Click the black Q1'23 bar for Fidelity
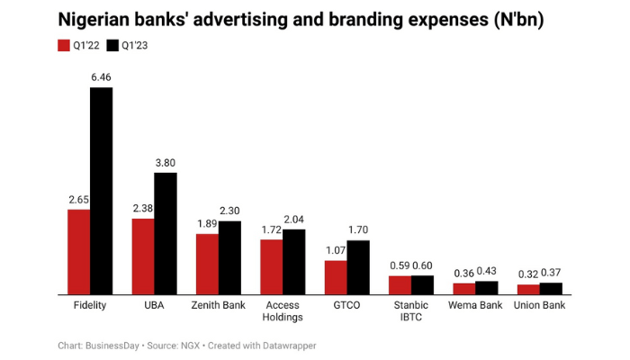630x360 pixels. coord(101,191)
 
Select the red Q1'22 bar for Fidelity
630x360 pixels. coord(78,252)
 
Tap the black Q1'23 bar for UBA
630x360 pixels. coord(166,233)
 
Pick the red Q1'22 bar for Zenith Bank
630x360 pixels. coord(207,264)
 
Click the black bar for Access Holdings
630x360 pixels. coord(294,261)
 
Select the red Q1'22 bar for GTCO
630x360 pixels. coord(336,277)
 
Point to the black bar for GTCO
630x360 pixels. coord(358,267)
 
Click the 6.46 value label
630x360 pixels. coord(101,79)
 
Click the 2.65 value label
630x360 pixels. coord(78,200)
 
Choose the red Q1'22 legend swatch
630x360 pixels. coord(65,44)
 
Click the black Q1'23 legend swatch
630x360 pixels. coord(113,44)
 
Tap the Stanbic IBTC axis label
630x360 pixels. coord(411,311)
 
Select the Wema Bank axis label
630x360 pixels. coord(476,306)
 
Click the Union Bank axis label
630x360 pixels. coord(540,306)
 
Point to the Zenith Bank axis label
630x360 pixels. coord(219,306)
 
